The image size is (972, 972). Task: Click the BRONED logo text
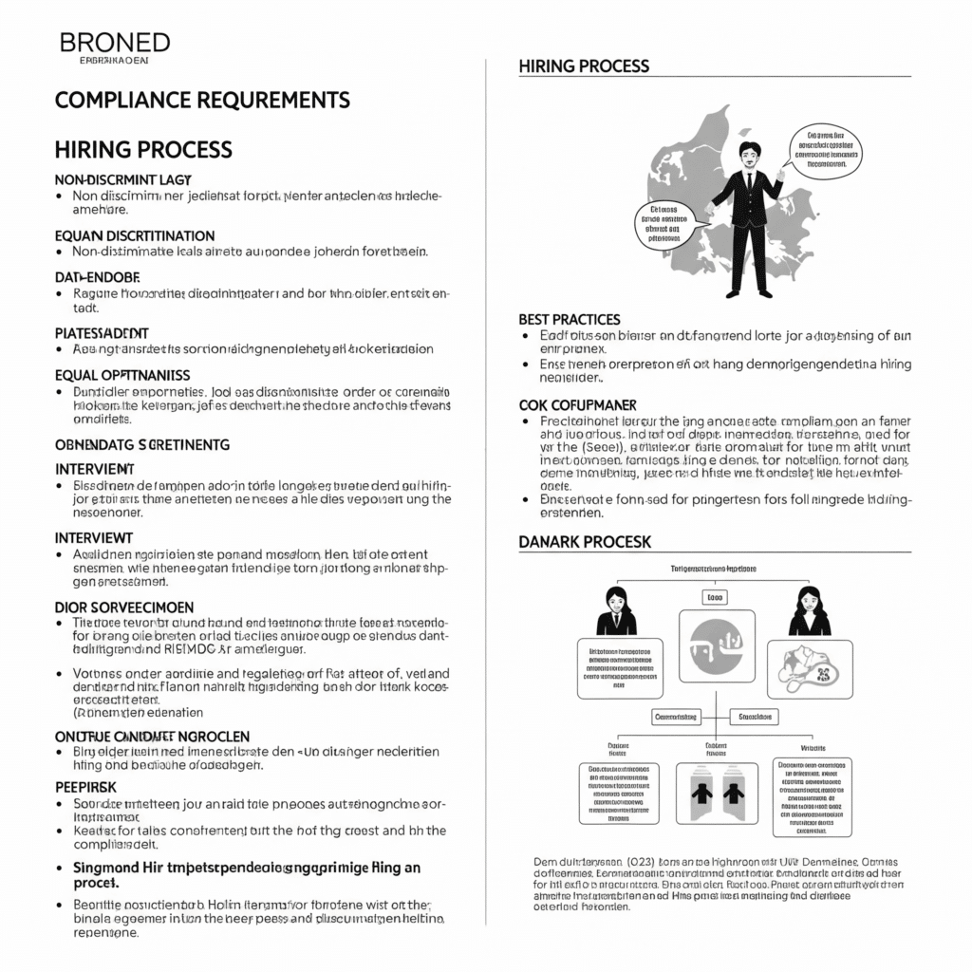114,43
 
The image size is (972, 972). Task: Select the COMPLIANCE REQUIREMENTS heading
202,100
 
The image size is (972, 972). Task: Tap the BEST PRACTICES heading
570,320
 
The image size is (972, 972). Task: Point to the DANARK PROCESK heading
585,541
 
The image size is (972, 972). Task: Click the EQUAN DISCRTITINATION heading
135,235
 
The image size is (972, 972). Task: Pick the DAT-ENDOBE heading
98,277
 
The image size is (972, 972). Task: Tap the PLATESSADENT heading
102,333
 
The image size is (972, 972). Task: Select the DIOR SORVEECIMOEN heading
124,607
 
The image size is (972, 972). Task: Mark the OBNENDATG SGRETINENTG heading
141,444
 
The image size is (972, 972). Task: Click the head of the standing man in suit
751,153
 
